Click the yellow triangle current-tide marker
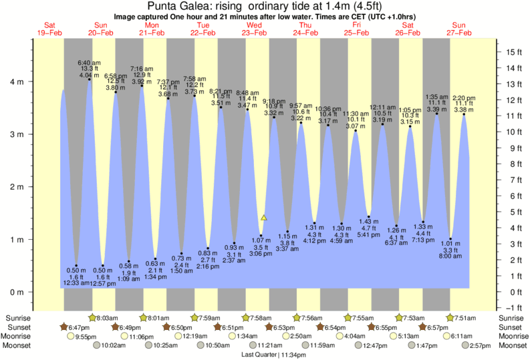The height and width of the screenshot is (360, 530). [264, 218]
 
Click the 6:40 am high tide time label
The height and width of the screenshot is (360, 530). [90, 62]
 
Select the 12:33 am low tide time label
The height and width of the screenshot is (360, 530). [76, 283]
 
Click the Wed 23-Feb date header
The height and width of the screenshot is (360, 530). [255, 28]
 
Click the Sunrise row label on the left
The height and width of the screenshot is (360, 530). [17, 318]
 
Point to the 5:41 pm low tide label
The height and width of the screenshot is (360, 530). [368, 234]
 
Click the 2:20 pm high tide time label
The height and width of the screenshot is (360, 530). [463, 97]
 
